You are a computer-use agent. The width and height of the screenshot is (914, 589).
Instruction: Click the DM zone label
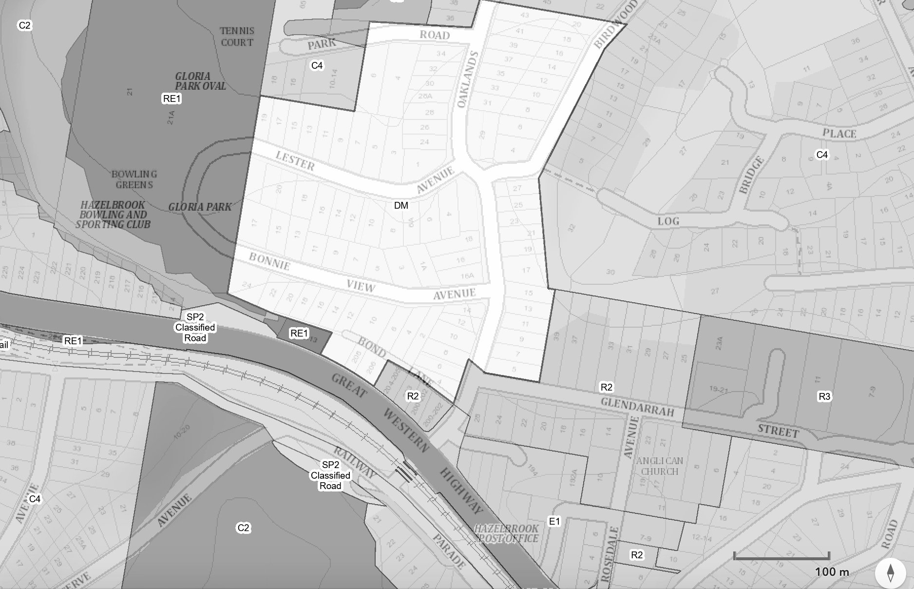(x=401, y=205)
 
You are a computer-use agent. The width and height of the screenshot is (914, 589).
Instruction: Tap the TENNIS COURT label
(x=237, y=37)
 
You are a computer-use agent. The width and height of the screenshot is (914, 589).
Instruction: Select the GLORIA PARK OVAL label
(x=200, y=81)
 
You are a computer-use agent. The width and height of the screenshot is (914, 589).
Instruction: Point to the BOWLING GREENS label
(x=134, y=179)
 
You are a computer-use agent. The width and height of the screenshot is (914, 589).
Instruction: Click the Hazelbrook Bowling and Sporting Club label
(x=113, y=215)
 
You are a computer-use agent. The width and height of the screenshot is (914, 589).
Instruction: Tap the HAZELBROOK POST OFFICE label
(x=507, y=533)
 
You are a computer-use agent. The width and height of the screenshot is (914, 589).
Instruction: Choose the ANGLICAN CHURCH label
(x=660, y=466)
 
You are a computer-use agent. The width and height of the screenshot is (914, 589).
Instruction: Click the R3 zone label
(x=824, y=396)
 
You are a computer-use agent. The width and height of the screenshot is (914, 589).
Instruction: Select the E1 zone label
(x=554, y=521)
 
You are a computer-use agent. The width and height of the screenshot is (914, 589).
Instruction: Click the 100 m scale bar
(x=781, y=556)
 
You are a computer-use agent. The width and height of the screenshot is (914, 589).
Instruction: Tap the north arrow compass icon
(x=891, y=572)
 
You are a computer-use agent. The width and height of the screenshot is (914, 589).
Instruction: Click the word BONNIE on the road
(x=269, y=261)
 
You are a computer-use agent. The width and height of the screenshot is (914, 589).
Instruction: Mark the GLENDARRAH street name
(x=637, y=407)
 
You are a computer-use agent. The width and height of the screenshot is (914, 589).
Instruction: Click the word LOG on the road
(x=668, y=221)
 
